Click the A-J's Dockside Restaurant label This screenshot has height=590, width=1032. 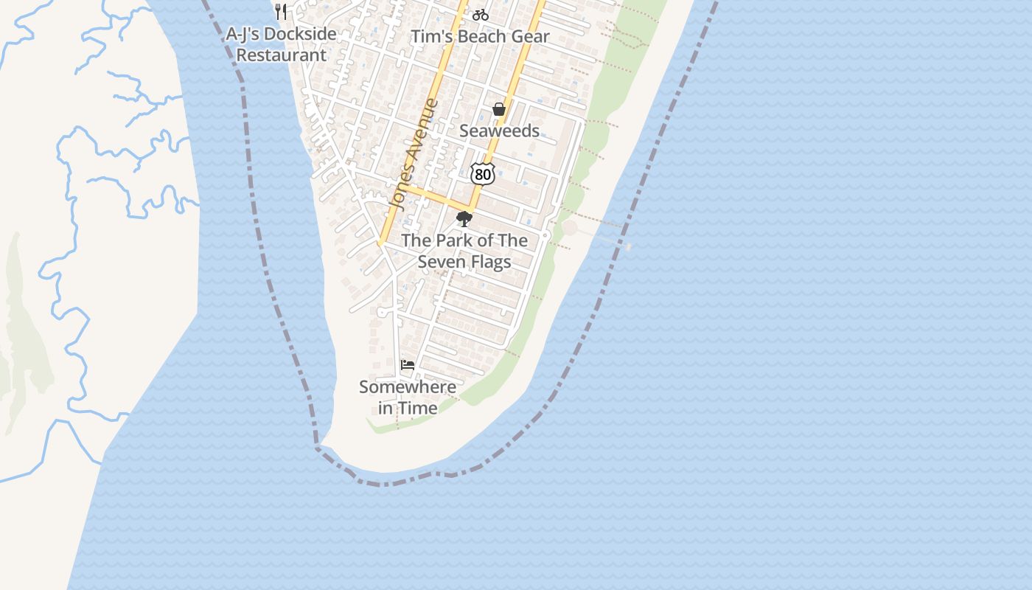pyautogui.click(x=281, y=44)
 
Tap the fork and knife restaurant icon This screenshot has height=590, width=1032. pyautogui.click(x=280, y=11)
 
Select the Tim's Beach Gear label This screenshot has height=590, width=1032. pyautogui.click(x=480, y=36)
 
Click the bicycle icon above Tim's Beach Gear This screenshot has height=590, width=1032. pyautogui.click(x=481, y=14)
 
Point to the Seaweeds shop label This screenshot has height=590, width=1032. pyautogui.click(x=499, y=131)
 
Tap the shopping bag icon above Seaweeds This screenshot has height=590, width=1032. pyautogui.click(x=499, y=110)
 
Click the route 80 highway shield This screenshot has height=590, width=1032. pyautogui.click(x=482, y=174)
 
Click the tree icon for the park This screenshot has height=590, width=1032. pyautogui.click(x=464, y=219)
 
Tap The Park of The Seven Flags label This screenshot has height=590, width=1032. pyautogui.click(x=464, y=251)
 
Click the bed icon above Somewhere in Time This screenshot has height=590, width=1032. pyautogui.click(x=407, y=364)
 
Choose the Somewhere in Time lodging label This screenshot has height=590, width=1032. pyautogui.click(x=408, y=397)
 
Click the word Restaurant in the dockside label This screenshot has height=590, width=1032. pyautogui.click(x=281, y=55)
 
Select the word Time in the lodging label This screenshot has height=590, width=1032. pyautogui.click(x=418, y=408)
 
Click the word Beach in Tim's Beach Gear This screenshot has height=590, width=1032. pyautogui.click(x=488, y=36)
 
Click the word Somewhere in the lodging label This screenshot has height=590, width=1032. pyautogui.click(x=408, y=386)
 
